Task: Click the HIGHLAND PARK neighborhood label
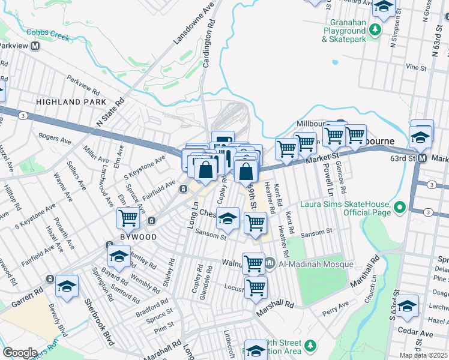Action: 67,102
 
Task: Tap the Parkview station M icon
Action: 36,46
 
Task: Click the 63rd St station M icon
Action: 422,158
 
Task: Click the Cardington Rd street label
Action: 207,46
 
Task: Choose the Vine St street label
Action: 415,67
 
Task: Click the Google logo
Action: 20,353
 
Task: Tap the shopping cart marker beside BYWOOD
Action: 128,219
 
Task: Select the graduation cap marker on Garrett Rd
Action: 67,287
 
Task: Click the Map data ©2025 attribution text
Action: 423,355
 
